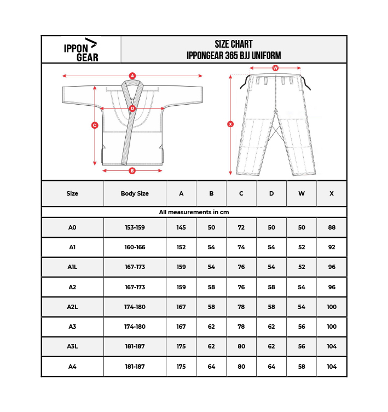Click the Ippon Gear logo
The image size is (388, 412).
tap(81, 49)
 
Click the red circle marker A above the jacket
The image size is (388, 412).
tap(132, 76)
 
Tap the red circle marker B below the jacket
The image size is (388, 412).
tap(132, 171)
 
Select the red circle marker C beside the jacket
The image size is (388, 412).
tap(95, 125)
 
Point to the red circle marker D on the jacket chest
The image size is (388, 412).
tap(132, 108)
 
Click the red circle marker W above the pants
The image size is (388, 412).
tap(275, 68)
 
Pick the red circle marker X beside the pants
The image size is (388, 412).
tap(230, 124)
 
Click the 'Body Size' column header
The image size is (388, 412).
tap(135, 193)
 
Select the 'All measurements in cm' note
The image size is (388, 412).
tap(194, 212)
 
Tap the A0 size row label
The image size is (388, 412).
tap(72, 227)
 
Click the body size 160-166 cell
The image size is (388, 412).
tap(135, 247)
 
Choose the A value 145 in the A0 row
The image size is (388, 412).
tap(181, 227)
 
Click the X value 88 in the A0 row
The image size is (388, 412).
tap(332, 227)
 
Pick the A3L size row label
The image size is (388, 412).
tap(72, 346)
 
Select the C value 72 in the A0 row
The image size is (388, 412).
tap(241, 227)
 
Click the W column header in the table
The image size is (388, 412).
tap(302, 193)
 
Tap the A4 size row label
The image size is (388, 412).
tap(72, 367)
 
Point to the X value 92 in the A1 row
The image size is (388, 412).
tap(332, 247)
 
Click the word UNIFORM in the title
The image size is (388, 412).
tap(267, 56)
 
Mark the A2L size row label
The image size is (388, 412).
tap(72, 307)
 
